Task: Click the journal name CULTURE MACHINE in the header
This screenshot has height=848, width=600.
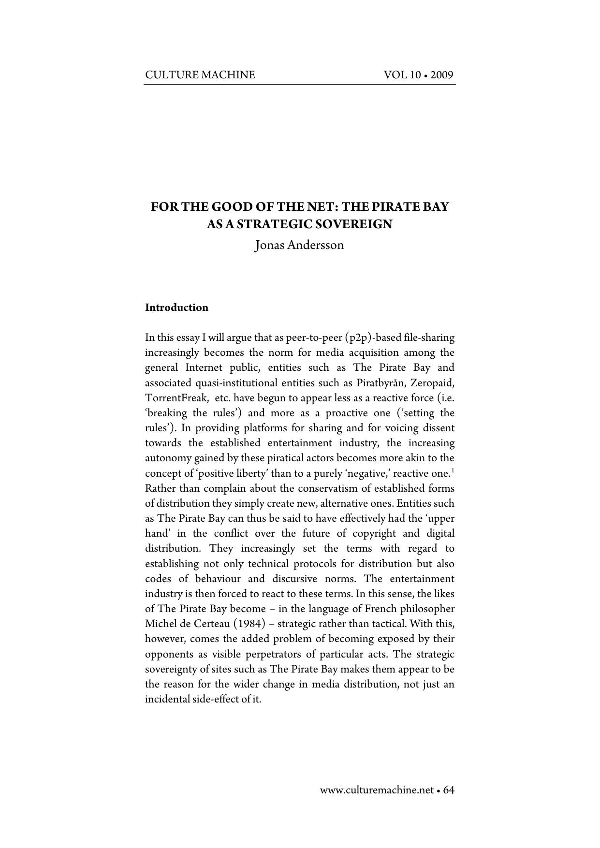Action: point(200,75)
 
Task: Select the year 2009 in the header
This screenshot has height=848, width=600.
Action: point(441,75)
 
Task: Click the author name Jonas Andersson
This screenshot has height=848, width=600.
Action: point(299,245)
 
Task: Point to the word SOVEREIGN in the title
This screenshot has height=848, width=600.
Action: point(356,224)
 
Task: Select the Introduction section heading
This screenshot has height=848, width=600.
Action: point(176,308)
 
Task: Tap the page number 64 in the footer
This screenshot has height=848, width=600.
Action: point(449,790)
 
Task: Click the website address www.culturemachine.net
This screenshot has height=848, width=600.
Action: point(377,790)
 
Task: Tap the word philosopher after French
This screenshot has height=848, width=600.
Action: point(428,609)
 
